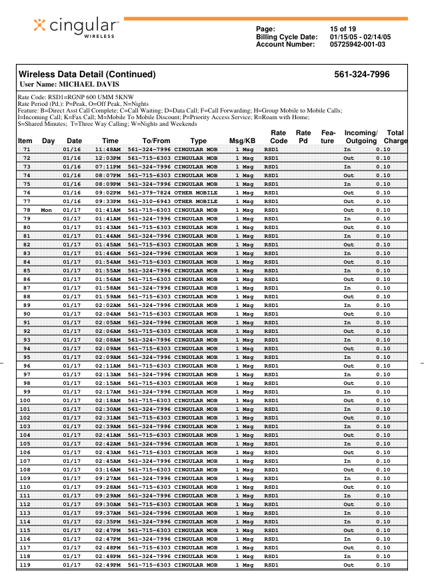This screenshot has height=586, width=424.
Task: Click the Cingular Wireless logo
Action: point(76,26)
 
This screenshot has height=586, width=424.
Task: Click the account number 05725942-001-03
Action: point(357,45)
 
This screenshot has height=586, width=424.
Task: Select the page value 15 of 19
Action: point(343,29)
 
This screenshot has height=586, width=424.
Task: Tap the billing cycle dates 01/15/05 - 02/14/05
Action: point(360,37)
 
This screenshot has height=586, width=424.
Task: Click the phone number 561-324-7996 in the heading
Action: point(362,75)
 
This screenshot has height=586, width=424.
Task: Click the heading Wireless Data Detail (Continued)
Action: point(87,75)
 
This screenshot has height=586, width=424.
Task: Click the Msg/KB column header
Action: point(242,141)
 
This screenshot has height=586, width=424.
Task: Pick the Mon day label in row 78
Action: point(46,210)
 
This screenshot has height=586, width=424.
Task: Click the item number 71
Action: point(27,149)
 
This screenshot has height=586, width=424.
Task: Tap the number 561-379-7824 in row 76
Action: point(149,192)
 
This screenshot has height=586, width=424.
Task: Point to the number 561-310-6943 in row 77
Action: point(149,201)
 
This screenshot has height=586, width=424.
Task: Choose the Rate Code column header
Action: point(279,137)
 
